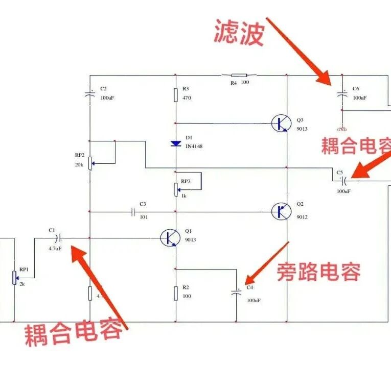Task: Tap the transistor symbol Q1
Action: [x=169, y=238]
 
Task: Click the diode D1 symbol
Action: [x=176, y=143]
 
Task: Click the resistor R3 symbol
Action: [x=176, y=94]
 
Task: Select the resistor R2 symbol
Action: [x=176, y=292]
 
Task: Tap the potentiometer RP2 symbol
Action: [x=90, y=163]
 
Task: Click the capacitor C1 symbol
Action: [x=59, y=238]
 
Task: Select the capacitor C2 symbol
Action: [x=90, y=94]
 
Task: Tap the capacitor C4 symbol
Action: [x=236, y=292]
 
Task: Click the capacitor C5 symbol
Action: [x=344, y=180]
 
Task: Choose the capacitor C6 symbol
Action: [x=342, y=94]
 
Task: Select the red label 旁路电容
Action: [x=318, y=272]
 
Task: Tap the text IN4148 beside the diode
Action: [x=194, y=147]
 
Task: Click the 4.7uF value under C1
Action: [x=55, y=249]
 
